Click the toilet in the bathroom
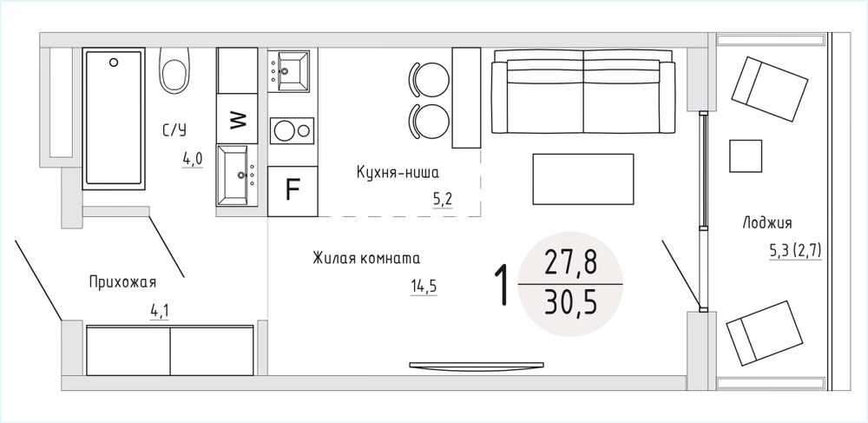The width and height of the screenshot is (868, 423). click(175, 71)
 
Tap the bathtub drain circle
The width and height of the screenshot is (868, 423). click(114, 62)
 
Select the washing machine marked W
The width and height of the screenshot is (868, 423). click(237, 119)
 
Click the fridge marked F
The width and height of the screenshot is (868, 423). click(293, 191)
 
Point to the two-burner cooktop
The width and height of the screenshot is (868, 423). click(292, 131)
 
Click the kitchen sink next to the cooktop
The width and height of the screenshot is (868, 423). click(288, 71)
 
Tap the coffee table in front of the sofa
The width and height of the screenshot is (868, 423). click(583, 180)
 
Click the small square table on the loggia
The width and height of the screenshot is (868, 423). click(745, 155)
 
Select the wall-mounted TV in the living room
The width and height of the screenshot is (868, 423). click(477, 365)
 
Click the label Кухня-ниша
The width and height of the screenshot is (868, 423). click(398, 174)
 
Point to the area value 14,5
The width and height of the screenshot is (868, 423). click(424, 286)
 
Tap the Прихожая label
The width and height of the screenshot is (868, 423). click(122, 282)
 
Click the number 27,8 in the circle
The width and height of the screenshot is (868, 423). click(571, 262)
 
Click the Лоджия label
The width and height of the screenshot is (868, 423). click(766, 223)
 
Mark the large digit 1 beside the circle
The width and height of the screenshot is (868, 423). click(502, 285)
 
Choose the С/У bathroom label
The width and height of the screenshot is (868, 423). click(174, 130)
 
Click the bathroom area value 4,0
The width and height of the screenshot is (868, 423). click(194, 160)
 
